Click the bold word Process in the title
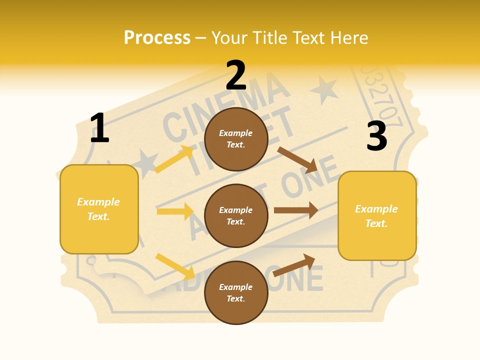[x=157, y=38]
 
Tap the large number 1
[x=99, y=128]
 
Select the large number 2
[x=236, y=75]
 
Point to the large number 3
[x=376, y=136]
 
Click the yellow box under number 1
[x=99, y=209]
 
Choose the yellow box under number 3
[x=377, y=215]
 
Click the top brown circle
[x=236, y=139]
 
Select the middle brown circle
[x=236, y=216]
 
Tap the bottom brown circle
[x=236, y=293]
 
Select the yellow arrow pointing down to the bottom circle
[x=175, y=266]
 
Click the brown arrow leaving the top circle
[x=297, y=159]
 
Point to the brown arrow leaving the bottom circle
[x=294, y=265]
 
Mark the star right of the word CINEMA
[x=323, y=90]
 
